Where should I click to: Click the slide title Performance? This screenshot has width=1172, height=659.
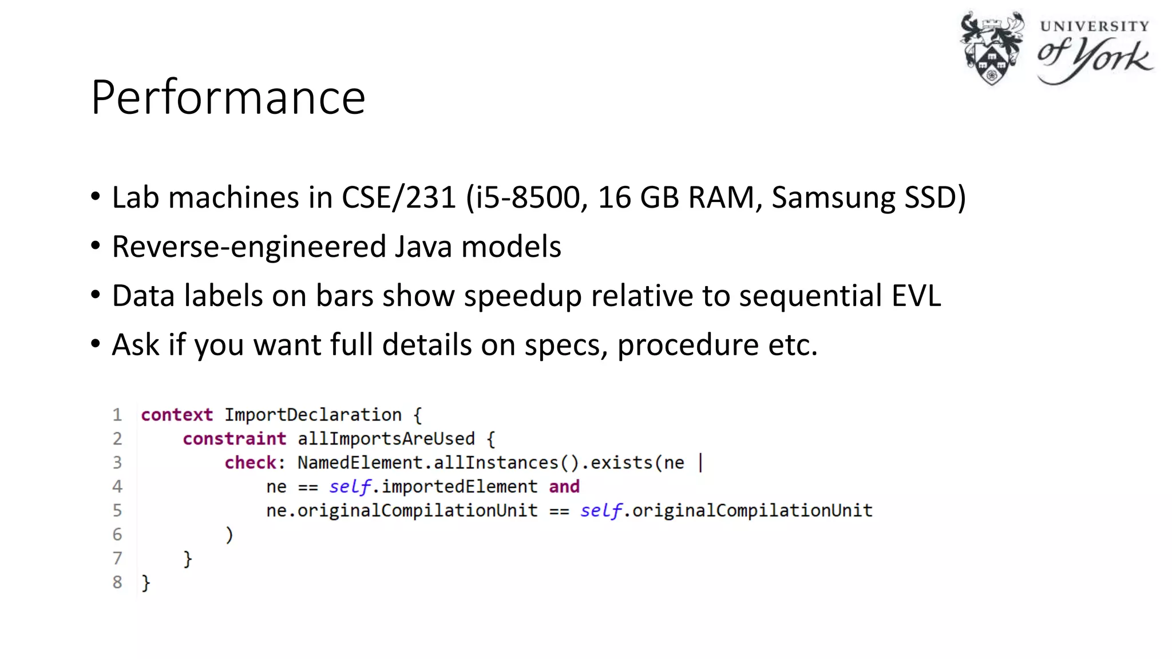click(228, 97)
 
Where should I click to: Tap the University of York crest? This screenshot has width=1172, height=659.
click(992, 48)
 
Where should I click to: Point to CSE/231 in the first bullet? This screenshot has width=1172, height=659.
click(399, 198)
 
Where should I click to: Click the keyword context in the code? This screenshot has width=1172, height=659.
click(177, 415)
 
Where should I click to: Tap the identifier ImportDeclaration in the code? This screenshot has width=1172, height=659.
click(313, 415)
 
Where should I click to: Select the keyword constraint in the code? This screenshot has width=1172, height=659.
click(234, 439)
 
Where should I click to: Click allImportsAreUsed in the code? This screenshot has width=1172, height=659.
click(386, 439)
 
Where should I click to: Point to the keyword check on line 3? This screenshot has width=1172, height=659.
click(251, 463)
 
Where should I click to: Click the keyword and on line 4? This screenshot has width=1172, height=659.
click(564, 487)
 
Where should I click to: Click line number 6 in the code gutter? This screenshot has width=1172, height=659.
click(117, 534)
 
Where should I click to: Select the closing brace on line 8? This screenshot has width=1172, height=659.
click(146, 582)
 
